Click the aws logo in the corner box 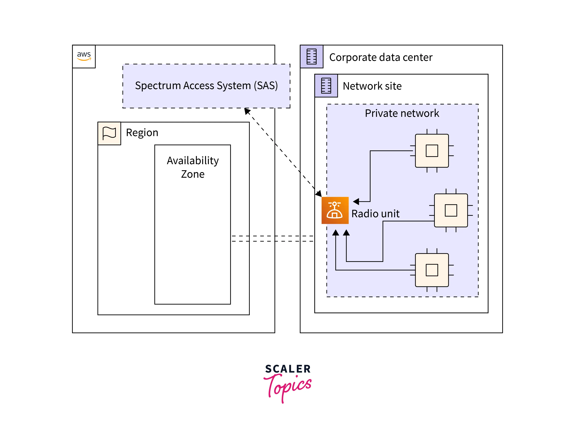tap(84, 56)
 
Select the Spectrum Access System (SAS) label tap(206, 86)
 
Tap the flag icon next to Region tap(109, 133)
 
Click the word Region tap(142, 133)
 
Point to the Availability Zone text tap(193, 167)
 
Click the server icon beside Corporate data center tap(311, 56)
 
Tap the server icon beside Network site tap(326, 86)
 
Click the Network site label tap(372, 86)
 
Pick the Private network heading tap(402, 113)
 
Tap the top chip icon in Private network tap(432, 151)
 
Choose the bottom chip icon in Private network tap(432, 270)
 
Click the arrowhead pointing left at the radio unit tap(356, 201)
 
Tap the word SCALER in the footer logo tap(288, 369)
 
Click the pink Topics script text tap(288, 387)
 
